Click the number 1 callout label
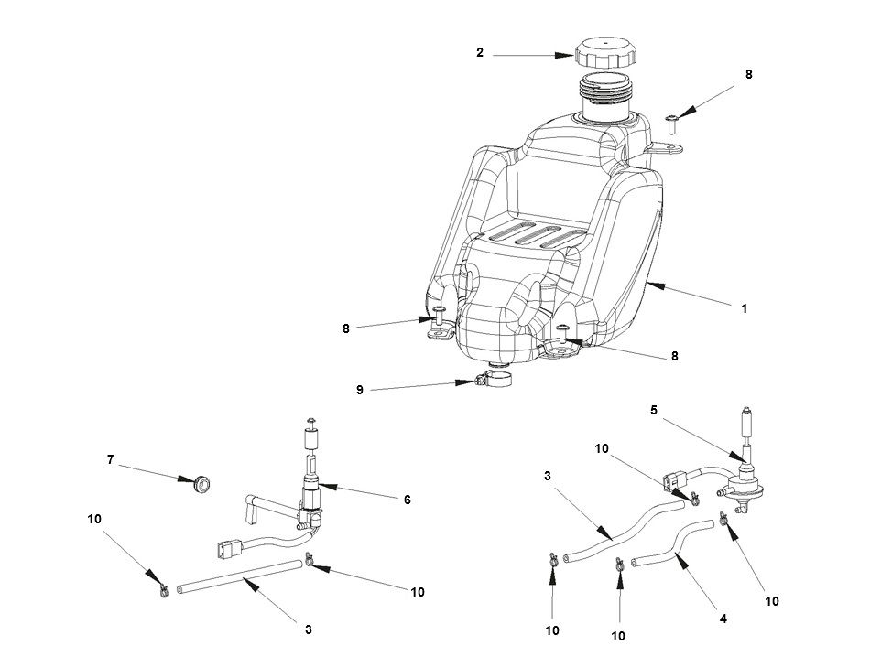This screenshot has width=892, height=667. tap(745, 309)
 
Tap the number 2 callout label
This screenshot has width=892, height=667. tap(480, 53)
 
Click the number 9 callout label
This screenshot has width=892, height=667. tap(360, 390)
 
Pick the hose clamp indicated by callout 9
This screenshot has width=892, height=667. tap(493, 378)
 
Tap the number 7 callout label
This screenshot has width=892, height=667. tap(110, 460)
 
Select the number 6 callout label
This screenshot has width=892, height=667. tap(407, 500)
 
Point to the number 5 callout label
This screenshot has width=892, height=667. tap(654, 411)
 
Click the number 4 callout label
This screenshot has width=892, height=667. tap(723, 619)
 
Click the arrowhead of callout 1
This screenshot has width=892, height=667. tap(647, 285)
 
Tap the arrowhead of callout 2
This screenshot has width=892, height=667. tap(570, 55)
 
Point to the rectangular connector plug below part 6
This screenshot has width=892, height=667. tap(225, 550)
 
